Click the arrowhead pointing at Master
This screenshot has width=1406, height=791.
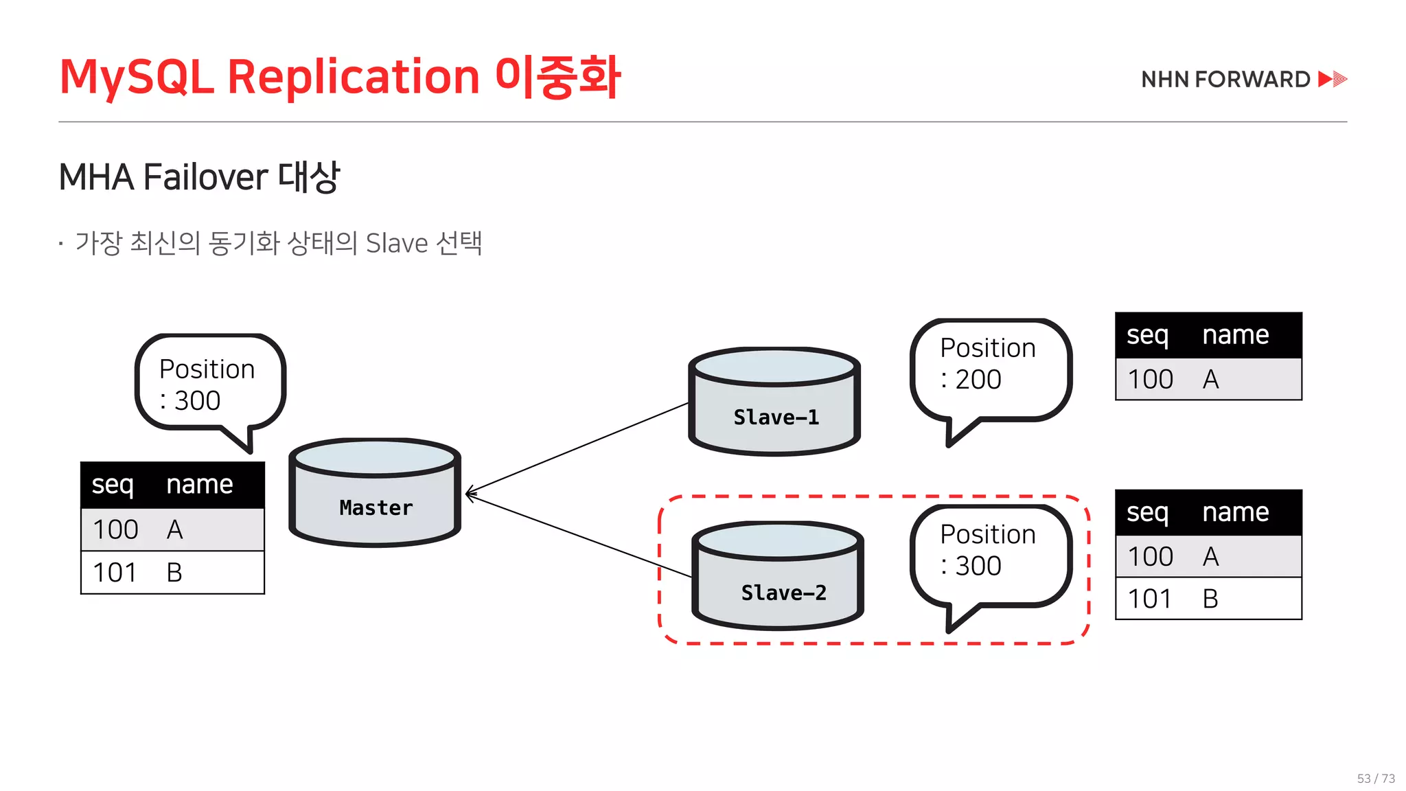(x=470, y=493)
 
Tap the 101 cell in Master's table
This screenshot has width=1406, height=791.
(x=115, y=573)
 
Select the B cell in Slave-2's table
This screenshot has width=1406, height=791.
(x=1210, y=599)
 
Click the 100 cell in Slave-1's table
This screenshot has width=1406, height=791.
(x=1151, y=379)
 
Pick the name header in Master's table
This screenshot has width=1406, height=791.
(x=200, y=485)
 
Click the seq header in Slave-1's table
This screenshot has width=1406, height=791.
(x=1147, y=335)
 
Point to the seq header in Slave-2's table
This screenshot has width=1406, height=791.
(x=1147, y=512)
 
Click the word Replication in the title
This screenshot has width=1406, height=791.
(x=353, y=76)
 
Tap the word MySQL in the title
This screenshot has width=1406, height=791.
(x=137, y=76)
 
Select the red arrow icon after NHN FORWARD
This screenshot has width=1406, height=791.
(x=1333, y=79)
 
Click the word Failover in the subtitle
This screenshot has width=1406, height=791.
(x=206, y=177)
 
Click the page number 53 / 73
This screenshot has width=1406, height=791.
(x=1376, y=779)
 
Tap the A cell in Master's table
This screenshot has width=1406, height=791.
(x=175, y=529)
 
